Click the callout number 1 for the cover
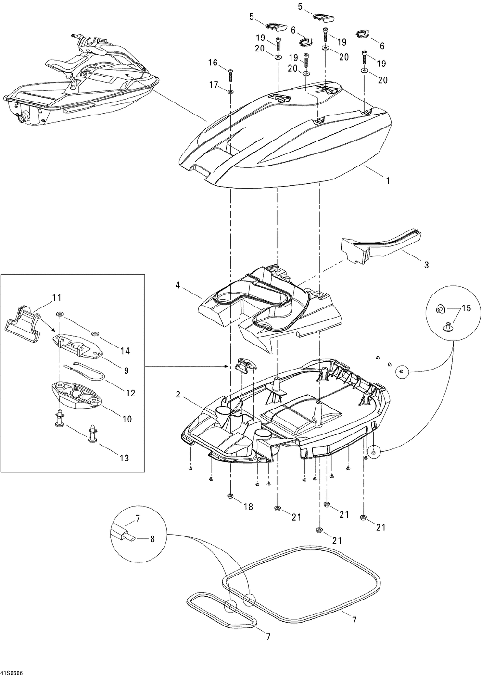[388, 181]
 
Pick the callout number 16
[213, 62]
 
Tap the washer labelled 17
[231, 91]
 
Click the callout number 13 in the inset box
[124, 459]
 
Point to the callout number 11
[57, 297]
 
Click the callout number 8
[152, 539]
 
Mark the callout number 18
[248, 507]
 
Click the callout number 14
[125, 351]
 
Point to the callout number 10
[127, 419]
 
